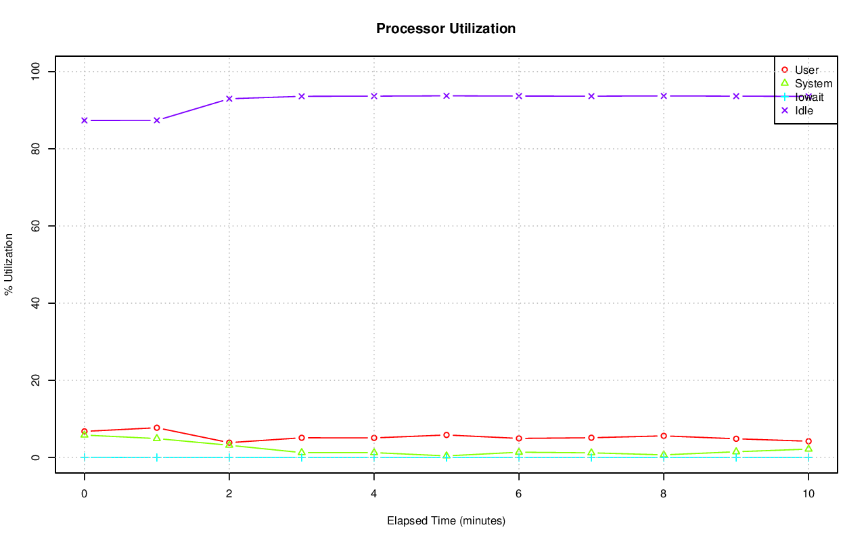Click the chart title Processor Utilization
point(446,28)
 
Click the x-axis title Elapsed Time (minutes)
point(446,521)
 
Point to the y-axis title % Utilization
point(9,265)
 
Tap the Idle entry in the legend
point(804,110)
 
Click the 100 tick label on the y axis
point(36,72)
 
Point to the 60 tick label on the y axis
point(36,226)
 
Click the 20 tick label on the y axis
point(36,380)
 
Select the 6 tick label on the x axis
point(518,494)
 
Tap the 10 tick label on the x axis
point(808,494)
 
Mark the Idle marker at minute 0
point(85,120)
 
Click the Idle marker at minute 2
point(229,99)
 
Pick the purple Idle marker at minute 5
point(447,96)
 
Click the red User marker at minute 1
point(157,428)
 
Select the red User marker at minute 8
point(664,436)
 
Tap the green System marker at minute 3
point(302,452)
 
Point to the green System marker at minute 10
point(808,449)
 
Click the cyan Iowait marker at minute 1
point(157,457)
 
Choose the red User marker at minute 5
point(447,435)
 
